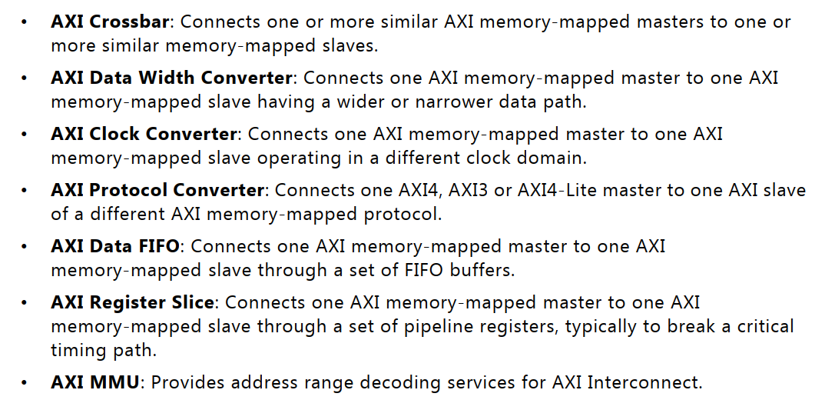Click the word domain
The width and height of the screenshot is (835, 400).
(x=558, y=158)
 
